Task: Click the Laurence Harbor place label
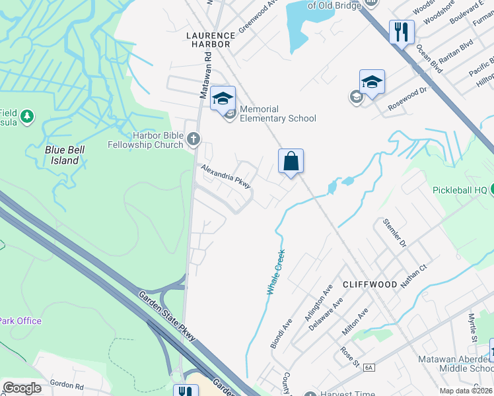click(x=210, y=40)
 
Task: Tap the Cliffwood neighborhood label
click(x=370, y=284)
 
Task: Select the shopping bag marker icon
click(x=291, y=161)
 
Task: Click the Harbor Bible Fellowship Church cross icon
click(x=193, y=139)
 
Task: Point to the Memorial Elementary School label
click(x=277, y=114)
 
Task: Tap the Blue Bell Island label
click(x=65, y=154)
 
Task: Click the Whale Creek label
click(x=275, y=271)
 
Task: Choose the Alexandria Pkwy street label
click(x=226, y=176)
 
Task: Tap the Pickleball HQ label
click(x=460, y=190)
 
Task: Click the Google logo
click(x=22, y=388)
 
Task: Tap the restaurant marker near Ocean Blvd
click(x=402, y=31)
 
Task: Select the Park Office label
click(x=20, y=321)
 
